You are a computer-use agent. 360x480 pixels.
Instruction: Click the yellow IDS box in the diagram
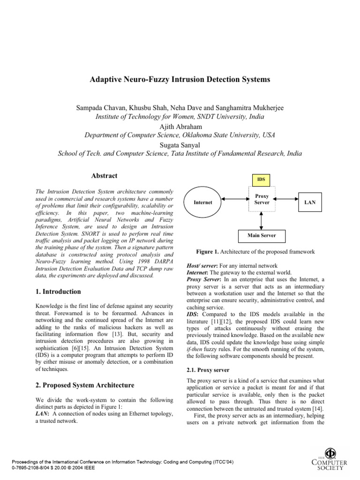[x=262, y=179]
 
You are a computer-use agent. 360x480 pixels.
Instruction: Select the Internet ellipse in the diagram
[x=203, y=202]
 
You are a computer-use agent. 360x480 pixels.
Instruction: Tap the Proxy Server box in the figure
[x=262, y=199]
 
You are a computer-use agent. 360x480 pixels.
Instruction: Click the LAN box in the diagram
[x=310, y=202]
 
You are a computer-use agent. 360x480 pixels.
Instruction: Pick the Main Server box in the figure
[x=262, y=235]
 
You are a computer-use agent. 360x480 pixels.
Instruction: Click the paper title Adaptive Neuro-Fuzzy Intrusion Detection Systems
[x=180, y=80]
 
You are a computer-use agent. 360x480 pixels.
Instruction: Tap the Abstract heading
[x=105, y=176]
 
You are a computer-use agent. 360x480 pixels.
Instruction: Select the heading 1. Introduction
[x=58, y=292]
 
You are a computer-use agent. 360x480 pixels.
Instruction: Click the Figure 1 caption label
[x=210, y=252]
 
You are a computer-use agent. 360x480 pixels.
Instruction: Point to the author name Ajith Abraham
[x=180, y=126]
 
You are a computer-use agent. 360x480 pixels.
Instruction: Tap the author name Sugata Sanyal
[x=180, y=144]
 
